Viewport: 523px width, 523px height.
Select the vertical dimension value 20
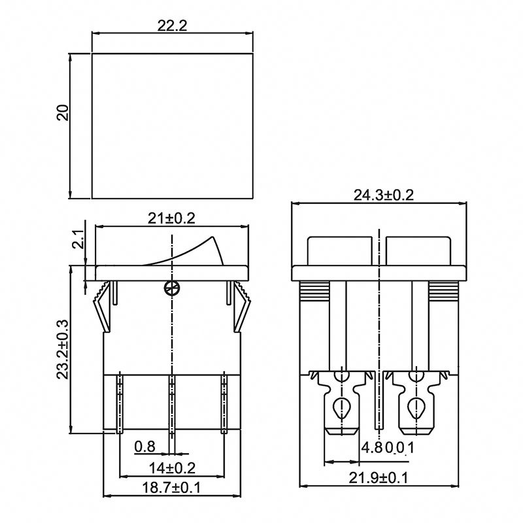(62, 112)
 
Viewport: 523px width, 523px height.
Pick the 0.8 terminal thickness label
(144, 447)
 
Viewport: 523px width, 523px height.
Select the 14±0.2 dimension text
(173, 468)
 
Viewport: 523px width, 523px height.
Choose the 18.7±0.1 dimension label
(172, 488)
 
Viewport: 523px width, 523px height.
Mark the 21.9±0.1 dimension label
(380, 479)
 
